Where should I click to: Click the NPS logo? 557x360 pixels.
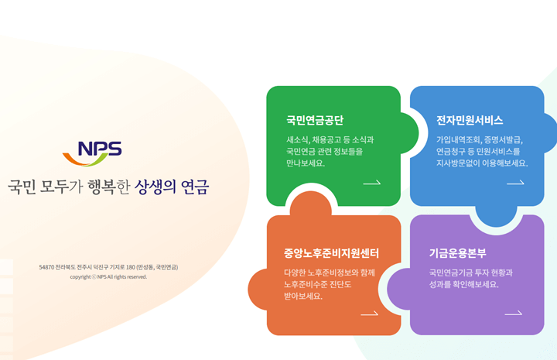(92, 153)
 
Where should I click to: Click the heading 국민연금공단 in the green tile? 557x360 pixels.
(315, 120)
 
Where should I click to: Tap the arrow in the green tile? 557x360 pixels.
(371, 183)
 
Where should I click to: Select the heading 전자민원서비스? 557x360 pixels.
(470, 120)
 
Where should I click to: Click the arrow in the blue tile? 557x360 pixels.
(515, 183)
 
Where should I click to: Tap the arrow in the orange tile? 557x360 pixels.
(369, 314)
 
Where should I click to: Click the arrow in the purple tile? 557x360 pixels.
(513, 314)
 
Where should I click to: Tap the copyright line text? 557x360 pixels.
(108, 276)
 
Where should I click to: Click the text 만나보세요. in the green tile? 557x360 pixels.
(306, 163)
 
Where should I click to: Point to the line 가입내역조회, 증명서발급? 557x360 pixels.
(479, 140)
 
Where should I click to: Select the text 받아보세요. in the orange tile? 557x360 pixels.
(303, 296)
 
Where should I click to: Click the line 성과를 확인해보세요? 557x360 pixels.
(464, 284)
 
